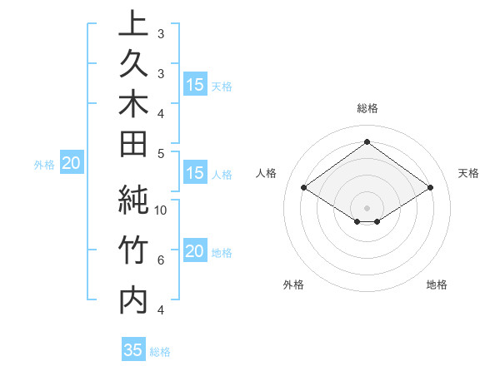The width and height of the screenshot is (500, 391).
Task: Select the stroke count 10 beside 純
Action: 161,210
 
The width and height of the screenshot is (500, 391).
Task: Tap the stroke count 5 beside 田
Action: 160,152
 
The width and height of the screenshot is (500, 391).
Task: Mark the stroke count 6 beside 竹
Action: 160,260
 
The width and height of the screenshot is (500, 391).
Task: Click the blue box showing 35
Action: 133,350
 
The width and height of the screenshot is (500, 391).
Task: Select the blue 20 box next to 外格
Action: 71,164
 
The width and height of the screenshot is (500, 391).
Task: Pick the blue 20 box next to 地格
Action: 195,252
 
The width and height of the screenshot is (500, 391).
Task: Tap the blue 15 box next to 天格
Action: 195,85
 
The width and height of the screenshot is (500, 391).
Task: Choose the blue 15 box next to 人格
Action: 195,174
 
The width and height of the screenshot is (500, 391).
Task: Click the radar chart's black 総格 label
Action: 367,108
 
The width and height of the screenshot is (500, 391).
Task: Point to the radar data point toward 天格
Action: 430,188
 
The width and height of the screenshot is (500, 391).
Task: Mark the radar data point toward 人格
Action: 303,188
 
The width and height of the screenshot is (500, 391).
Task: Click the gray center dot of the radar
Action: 367,207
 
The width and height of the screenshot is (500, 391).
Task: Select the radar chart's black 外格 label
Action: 293,285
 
